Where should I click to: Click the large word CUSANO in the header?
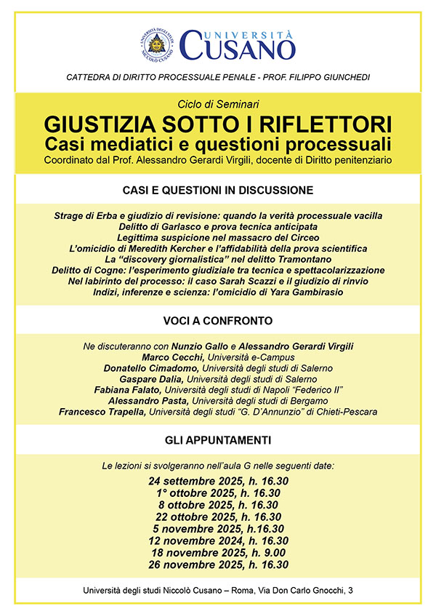pos(238,49)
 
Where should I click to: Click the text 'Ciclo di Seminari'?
pos(218,103)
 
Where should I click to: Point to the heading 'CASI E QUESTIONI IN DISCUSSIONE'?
pos(218,191)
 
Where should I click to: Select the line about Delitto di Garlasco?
pos(218,227)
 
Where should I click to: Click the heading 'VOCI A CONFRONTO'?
pos(218,320)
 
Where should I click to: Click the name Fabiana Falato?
pos(157,390)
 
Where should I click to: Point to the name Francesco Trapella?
pos(104,412)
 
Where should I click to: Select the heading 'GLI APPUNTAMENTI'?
pos(218,440)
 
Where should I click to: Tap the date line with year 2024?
pos(218,541)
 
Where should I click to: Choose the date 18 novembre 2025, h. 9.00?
pos(218,553)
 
